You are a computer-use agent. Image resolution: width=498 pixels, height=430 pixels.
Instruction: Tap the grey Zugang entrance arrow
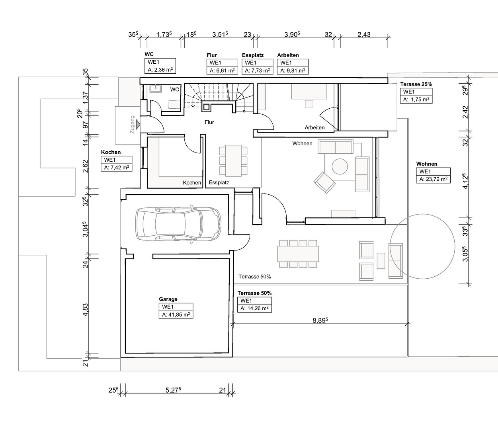[x=138, y=124]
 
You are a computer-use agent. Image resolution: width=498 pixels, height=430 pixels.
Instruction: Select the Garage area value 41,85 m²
[x=176, y=315]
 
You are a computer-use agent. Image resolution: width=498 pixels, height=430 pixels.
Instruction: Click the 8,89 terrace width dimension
[x=320, y=321]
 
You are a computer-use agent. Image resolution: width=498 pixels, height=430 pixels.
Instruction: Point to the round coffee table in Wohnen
[x=340, y=166]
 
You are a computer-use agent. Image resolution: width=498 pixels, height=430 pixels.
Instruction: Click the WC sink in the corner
[x=155, y=89]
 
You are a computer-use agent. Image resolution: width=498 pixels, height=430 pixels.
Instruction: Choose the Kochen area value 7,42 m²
[x=116, y=168]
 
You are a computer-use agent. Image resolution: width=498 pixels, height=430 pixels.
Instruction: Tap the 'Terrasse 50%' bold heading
[x=254, y=293]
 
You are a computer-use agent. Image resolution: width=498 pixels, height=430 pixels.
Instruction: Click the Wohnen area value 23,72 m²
[x=433, y=179]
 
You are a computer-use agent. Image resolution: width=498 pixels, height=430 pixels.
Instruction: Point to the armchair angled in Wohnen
[x=324, y=182]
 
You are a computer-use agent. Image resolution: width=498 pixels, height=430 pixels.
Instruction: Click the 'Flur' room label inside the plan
[x=209, y=122]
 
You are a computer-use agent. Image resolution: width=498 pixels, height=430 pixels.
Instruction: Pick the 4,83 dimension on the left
[x=85, y=309]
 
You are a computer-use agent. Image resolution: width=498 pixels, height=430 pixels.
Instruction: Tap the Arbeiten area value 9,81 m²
[x=293, y=70]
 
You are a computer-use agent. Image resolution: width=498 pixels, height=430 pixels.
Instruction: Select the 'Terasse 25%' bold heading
[x=416, y=84]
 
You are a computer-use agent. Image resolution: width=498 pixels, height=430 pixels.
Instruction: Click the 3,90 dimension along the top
[x=292, y=35]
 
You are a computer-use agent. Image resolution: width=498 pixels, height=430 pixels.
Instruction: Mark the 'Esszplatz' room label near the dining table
[x=219, y=182]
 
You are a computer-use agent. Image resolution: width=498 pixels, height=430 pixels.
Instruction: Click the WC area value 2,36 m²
[x=160, y=70]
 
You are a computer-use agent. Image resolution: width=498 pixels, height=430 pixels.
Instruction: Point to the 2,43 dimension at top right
[x=364, y=35]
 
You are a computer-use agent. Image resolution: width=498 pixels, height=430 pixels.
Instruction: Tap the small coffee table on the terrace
[x=381, y=260]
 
